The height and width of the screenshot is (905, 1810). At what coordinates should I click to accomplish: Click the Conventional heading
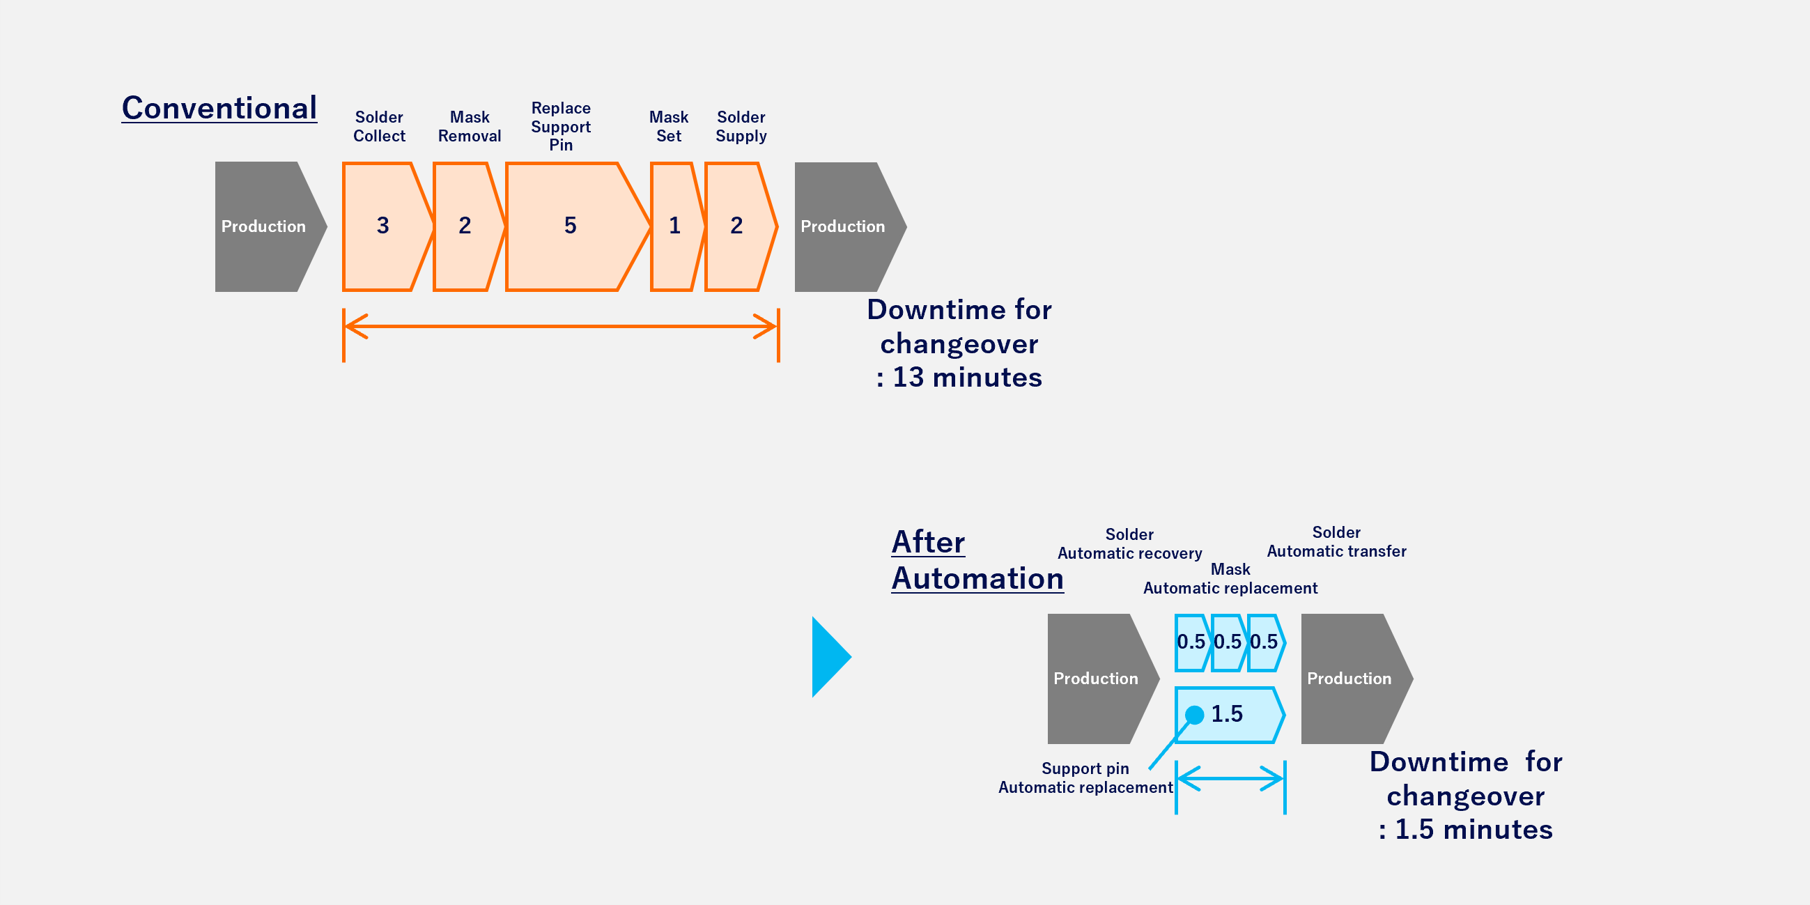tap(219, 108)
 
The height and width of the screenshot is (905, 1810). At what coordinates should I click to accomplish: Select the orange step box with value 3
tap(384, 226)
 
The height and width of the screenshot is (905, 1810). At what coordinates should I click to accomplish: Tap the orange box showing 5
tap(571, 226)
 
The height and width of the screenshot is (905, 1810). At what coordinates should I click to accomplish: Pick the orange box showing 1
tap(674, 226)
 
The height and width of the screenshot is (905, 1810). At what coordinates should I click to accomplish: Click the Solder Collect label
tap(379, 127)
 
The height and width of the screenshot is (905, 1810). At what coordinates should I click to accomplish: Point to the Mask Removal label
tap(470, 127)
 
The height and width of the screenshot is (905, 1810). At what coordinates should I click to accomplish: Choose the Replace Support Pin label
tap(561, 127)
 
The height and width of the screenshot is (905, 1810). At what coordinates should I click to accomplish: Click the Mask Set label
tap(668, 127)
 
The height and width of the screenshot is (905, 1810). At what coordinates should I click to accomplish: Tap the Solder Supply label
tap(741, 127)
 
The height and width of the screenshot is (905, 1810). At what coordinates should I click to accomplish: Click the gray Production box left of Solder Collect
tap(264, 226)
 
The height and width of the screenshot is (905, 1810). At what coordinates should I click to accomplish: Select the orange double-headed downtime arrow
tap(561, 326)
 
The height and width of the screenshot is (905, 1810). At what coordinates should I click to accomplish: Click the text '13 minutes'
tap(967, 378)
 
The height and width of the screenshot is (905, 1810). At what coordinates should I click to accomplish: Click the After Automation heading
tap(977, 561)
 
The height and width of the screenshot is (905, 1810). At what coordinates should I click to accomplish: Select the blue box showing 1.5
tap(1237, 716)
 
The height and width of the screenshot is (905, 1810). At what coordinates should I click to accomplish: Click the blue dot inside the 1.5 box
tap(1195, 716)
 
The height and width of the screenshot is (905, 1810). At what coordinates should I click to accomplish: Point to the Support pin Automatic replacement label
tap(1085, 778)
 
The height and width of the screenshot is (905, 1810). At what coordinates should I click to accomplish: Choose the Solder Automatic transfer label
tap(1336, 542)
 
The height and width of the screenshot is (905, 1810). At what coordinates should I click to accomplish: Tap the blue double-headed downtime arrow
tap(1230, 778)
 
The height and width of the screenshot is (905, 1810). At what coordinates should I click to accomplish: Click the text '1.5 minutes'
tap(1473, 830)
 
